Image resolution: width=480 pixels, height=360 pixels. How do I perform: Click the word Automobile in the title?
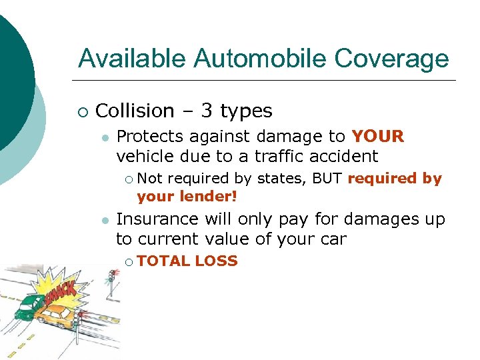pyautogui.click(x=261, y=59)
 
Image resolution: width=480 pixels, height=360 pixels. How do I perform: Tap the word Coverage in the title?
pyautogui.click(x=392, y=59)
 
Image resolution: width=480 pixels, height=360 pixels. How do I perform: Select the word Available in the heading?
pyautogui.click(x=133, y=59)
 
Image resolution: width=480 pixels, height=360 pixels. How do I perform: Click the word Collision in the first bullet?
pyautogui.click(x=135, y=111)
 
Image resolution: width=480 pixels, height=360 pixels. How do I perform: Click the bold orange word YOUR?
pyautogui.click(x=378, y=137)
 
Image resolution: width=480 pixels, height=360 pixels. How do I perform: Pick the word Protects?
pyautogui.click(x=150, y=137)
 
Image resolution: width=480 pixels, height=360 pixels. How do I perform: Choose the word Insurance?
pyautogui.click(x=157, y=219)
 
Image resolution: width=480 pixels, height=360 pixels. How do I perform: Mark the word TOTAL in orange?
pyautogui.click(x=163, y=261)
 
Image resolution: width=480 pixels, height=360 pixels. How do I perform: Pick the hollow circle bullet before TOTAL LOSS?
pyautogui.click(x=129, y=262)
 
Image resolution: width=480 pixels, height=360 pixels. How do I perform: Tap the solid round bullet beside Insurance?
pyautogui.click(x=105, y=220)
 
